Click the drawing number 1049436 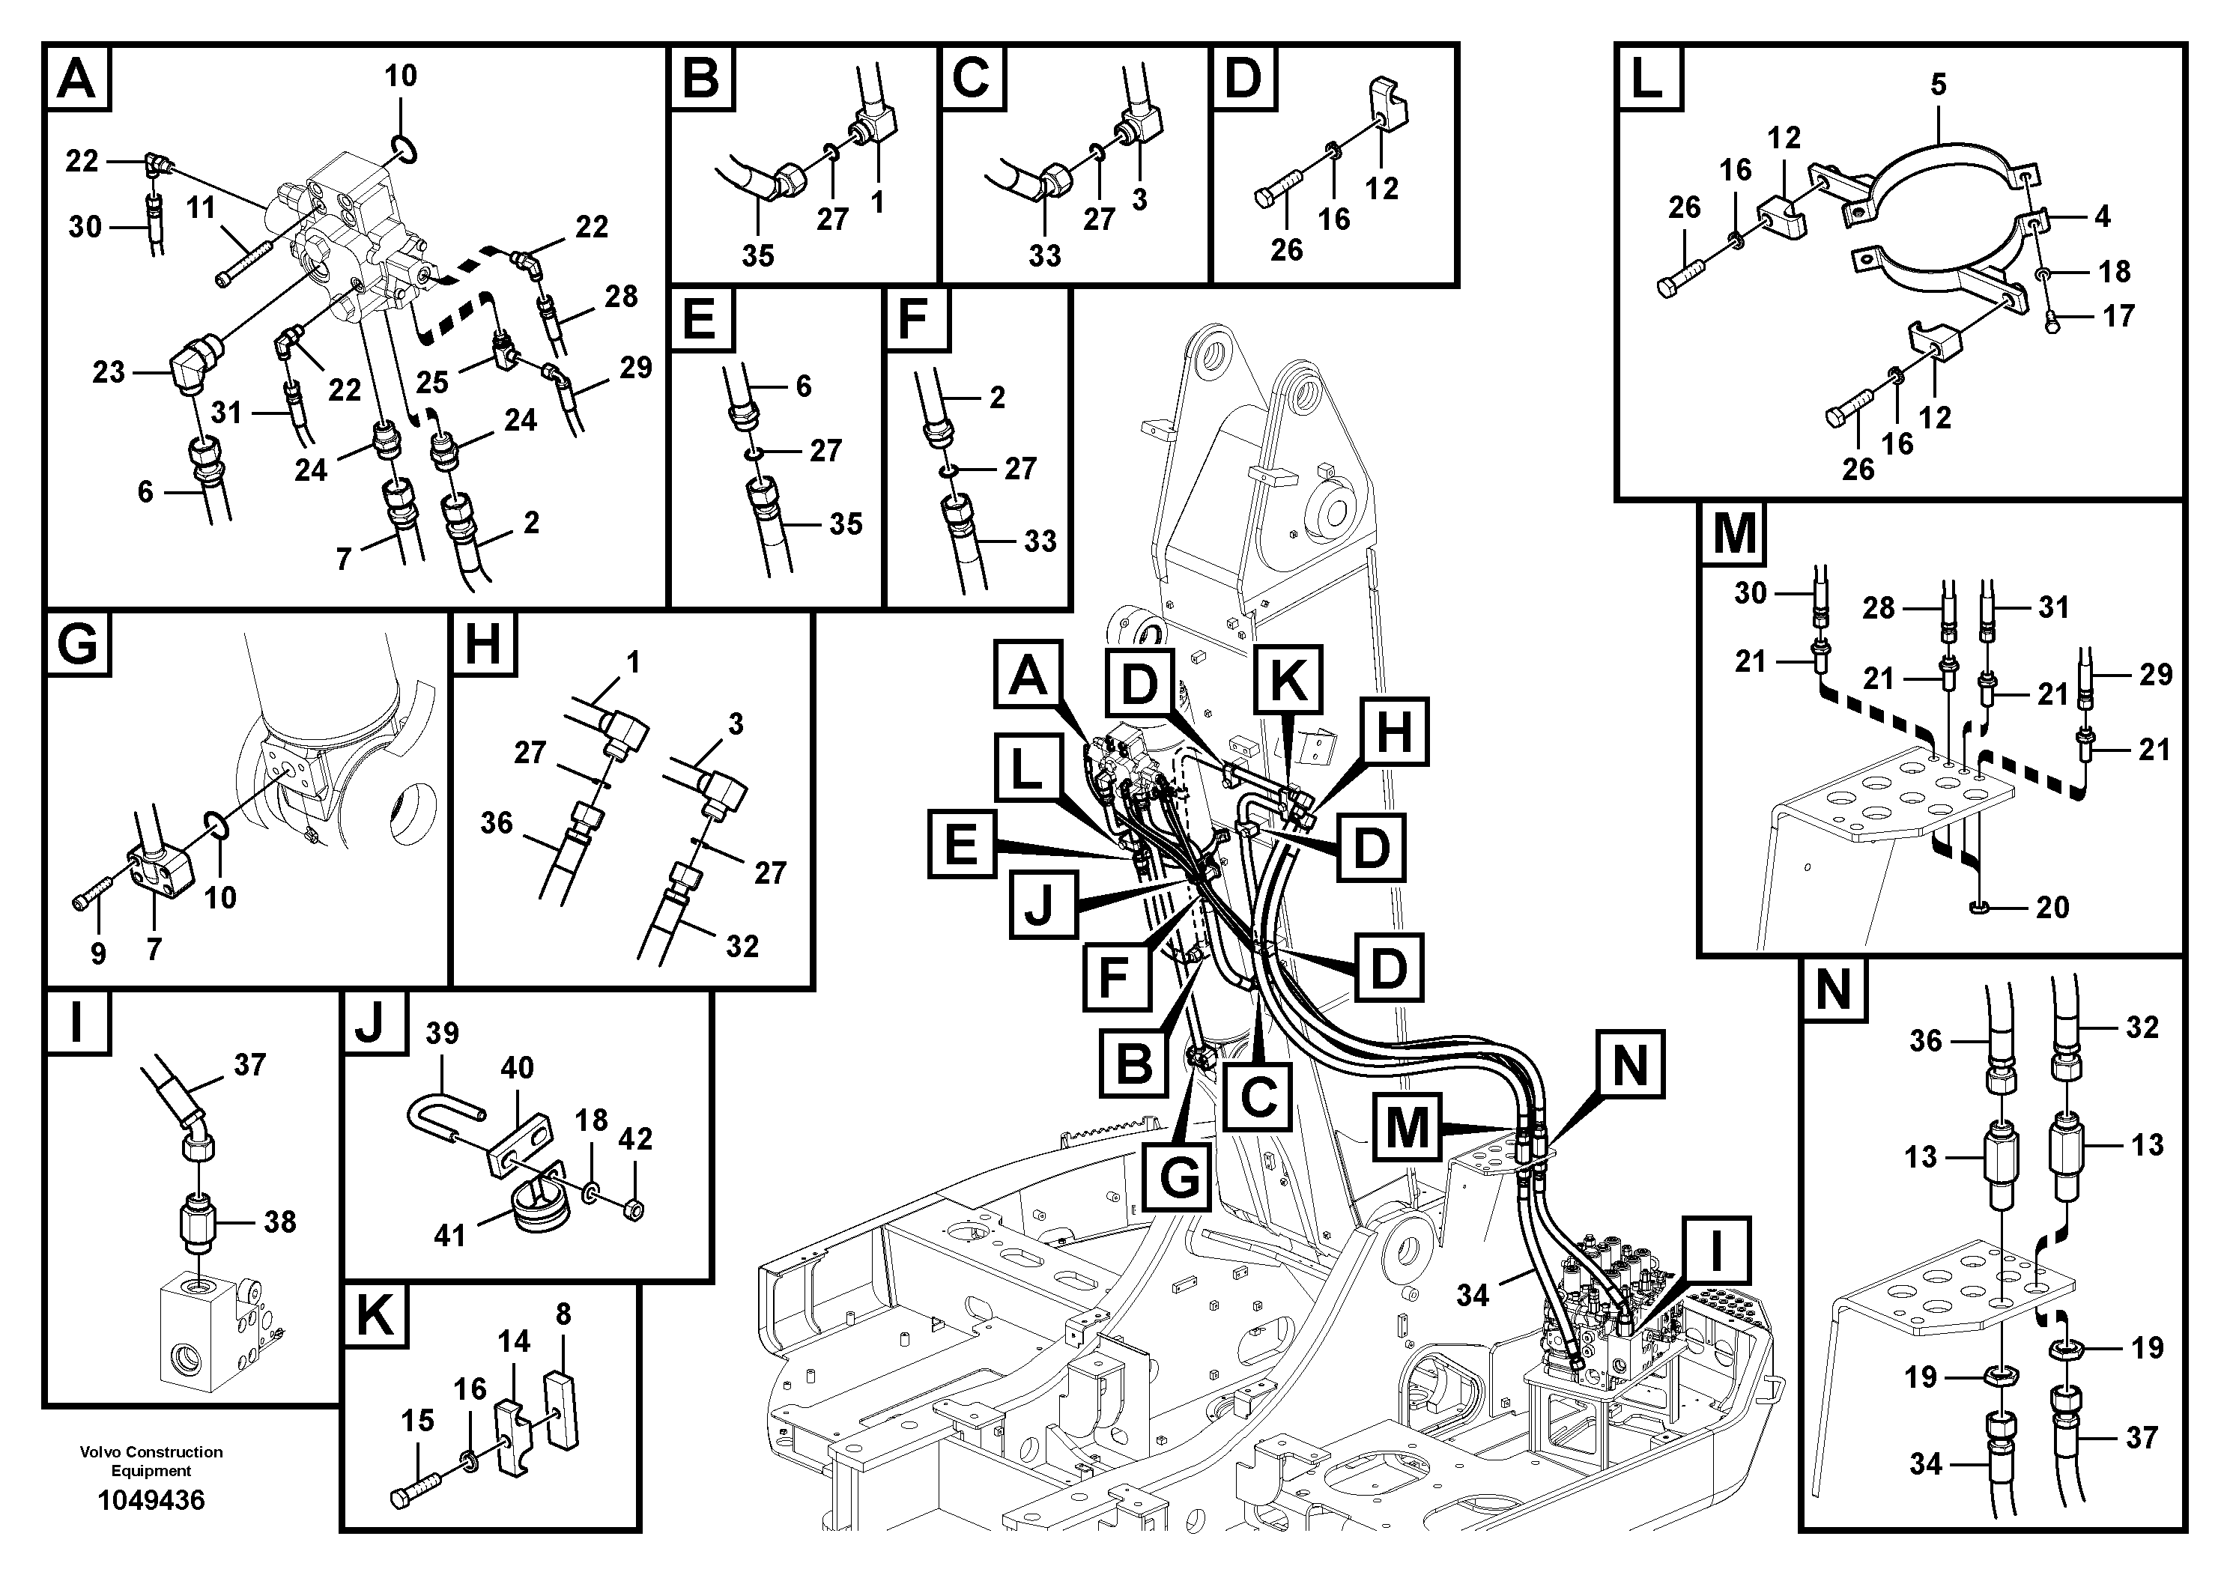[151, 1500]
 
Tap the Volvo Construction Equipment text [151, 1460]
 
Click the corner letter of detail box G [78, 645]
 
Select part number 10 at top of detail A [400, 76]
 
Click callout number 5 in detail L [1938, 85]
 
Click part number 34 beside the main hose [1473, 1294]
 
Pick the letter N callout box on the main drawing [1630, 1063]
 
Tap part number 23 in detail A [108, 372]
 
